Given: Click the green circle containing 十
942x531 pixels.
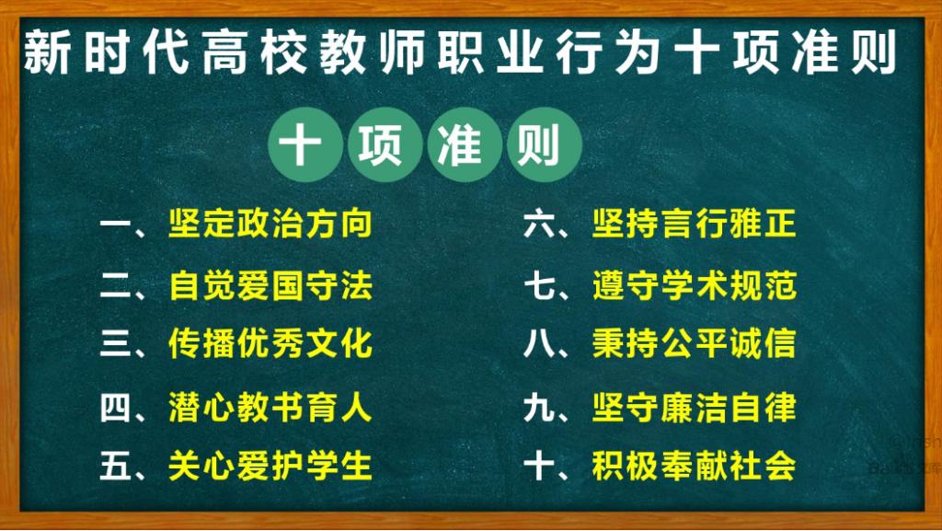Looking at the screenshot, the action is (305, 144).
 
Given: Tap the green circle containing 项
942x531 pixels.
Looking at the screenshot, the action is (385, 144).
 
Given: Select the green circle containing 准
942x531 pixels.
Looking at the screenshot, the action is (465, 144).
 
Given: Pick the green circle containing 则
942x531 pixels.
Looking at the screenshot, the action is (545, 144).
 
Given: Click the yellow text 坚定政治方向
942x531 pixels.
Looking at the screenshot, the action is (270, 224).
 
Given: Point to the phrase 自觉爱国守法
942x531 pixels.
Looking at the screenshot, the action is (270, 284).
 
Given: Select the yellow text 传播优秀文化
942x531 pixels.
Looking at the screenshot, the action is (270, 343).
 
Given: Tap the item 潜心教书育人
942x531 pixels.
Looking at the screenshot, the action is (270, 408).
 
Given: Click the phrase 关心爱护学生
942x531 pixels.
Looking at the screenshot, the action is (270, 466).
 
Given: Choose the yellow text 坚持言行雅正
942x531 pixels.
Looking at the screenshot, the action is (694, 224).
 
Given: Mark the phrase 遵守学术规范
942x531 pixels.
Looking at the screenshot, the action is (694, 284).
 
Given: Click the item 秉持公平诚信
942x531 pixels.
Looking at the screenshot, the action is (694, 343).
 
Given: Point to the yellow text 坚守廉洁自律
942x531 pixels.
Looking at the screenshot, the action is (694, 408).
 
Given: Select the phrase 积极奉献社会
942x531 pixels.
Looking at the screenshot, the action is (694, 466).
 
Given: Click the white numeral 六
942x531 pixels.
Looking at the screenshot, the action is (538, 224).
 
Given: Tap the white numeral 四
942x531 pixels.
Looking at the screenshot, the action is (115, 408).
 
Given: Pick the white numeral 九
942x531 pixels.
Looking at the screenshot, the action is (538, 408).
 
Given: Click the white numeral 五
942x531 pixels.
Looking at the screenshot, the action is (115, 467).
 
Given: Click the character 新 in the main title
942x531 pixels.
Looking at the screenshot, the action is (47, 52).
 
